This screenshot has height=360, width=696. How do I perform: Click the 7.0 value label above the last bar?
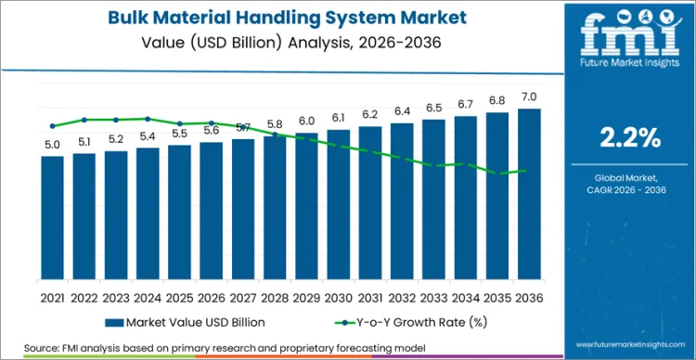529,97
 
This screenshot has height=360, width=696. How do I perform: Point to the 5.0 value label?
53,145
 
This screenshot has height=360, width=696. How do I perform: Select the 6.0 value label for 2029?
306,122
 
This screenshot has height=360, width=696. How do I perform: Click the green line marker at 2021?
53,126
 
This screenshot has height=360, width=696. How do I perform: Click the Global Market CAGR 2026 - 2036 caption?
630,183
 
